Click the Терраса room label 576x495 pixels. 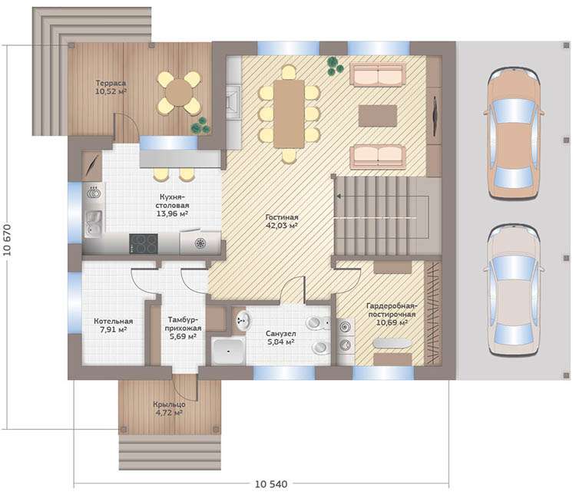[111, 83]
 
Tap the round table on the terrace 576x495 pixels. [179, 93]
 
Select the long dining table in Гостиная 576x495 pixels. [289, 114]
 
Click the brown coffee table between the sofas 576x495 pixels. [378, 116]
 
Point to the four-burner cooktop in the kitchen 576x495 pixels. [144, 243]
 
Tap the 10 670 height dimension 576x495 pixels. [7, 239]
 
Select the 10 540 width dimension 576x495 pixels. [271, 484]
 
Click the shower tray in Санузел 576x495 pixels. [228, 351]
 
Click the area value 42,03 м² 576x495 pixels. [281, 226]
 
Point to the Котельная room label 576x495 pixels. [113, 321]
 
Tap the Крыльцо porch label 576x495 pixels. [169, 404]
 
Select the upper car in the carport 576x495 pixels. [514, 134]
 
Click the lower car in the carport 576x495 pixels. [514, 291]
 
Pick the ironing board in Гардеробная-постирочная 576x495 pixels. [392, 344]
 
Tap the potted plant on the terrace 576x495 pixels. [200, 126]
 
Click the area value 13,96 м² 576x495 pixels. [172, 213]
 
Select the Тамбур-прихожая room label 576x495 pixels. [183, 324]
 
